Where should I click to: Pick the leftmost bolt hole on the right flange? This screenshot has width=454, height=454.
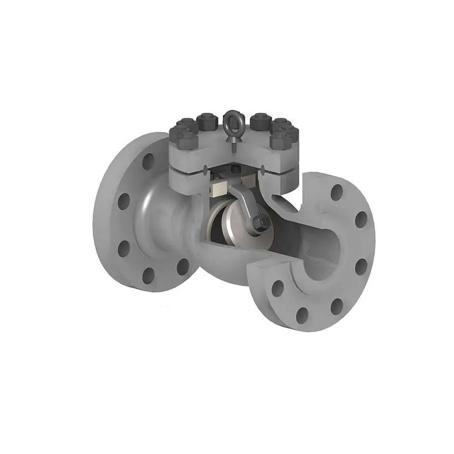tap(277, 289)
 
